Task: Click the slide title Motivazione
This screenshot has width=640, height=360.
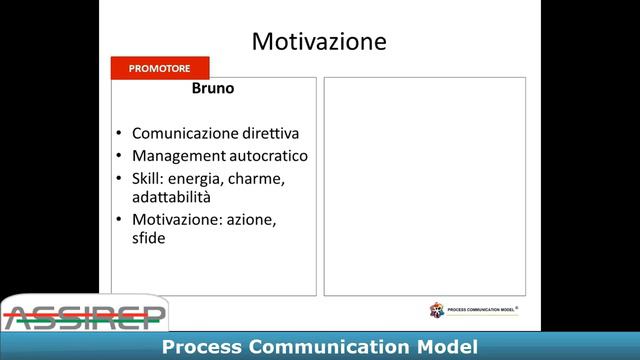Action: (x=319, y=41)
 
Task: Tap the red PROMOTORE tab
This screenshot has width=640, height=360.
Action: (x=160, y=68)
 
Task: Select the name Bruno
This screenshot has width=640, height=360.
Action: (x=212, y=89)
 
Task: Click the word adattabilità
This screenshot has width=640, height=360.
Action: (x=171, y=197)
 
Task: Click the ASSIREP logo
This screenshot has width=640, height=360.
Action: (x=84, y=314)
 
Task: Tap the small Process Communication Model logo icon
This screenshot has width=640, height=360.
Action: (x=437, y=310)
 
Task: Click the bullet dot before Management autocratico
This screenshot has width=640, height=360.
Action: (x=119, y=157)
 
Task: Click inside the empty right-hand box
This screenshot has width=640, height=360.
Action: (x=424, y=186)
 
